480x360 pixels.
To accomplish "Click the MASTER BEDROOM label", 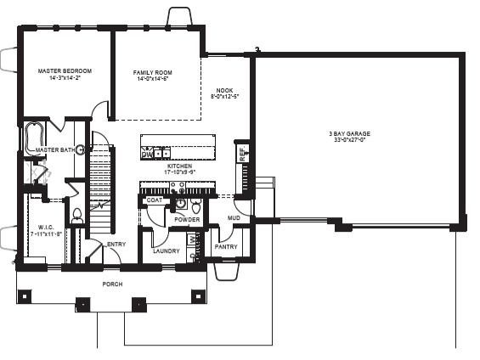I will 65,70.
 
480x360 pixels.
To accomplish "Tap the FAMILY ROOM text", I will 153,73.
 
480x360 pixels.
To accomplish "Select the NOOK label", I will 225,90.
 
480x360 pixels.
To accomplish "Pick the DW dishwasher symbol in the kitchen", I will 147,155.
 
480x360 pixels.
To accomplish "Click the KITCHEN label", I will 180,166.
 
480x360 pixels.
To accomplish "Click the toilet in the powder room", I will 196,207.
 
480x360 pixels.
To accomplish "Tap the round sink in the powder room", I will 180,204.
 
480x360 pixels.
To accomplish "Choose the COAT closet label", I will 155,200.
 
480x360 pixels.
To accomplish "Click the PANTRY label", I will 226,246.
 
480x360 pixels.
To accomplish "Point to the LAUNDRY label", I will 166,251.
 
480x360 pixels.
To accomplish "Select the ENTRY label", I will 116,245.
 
